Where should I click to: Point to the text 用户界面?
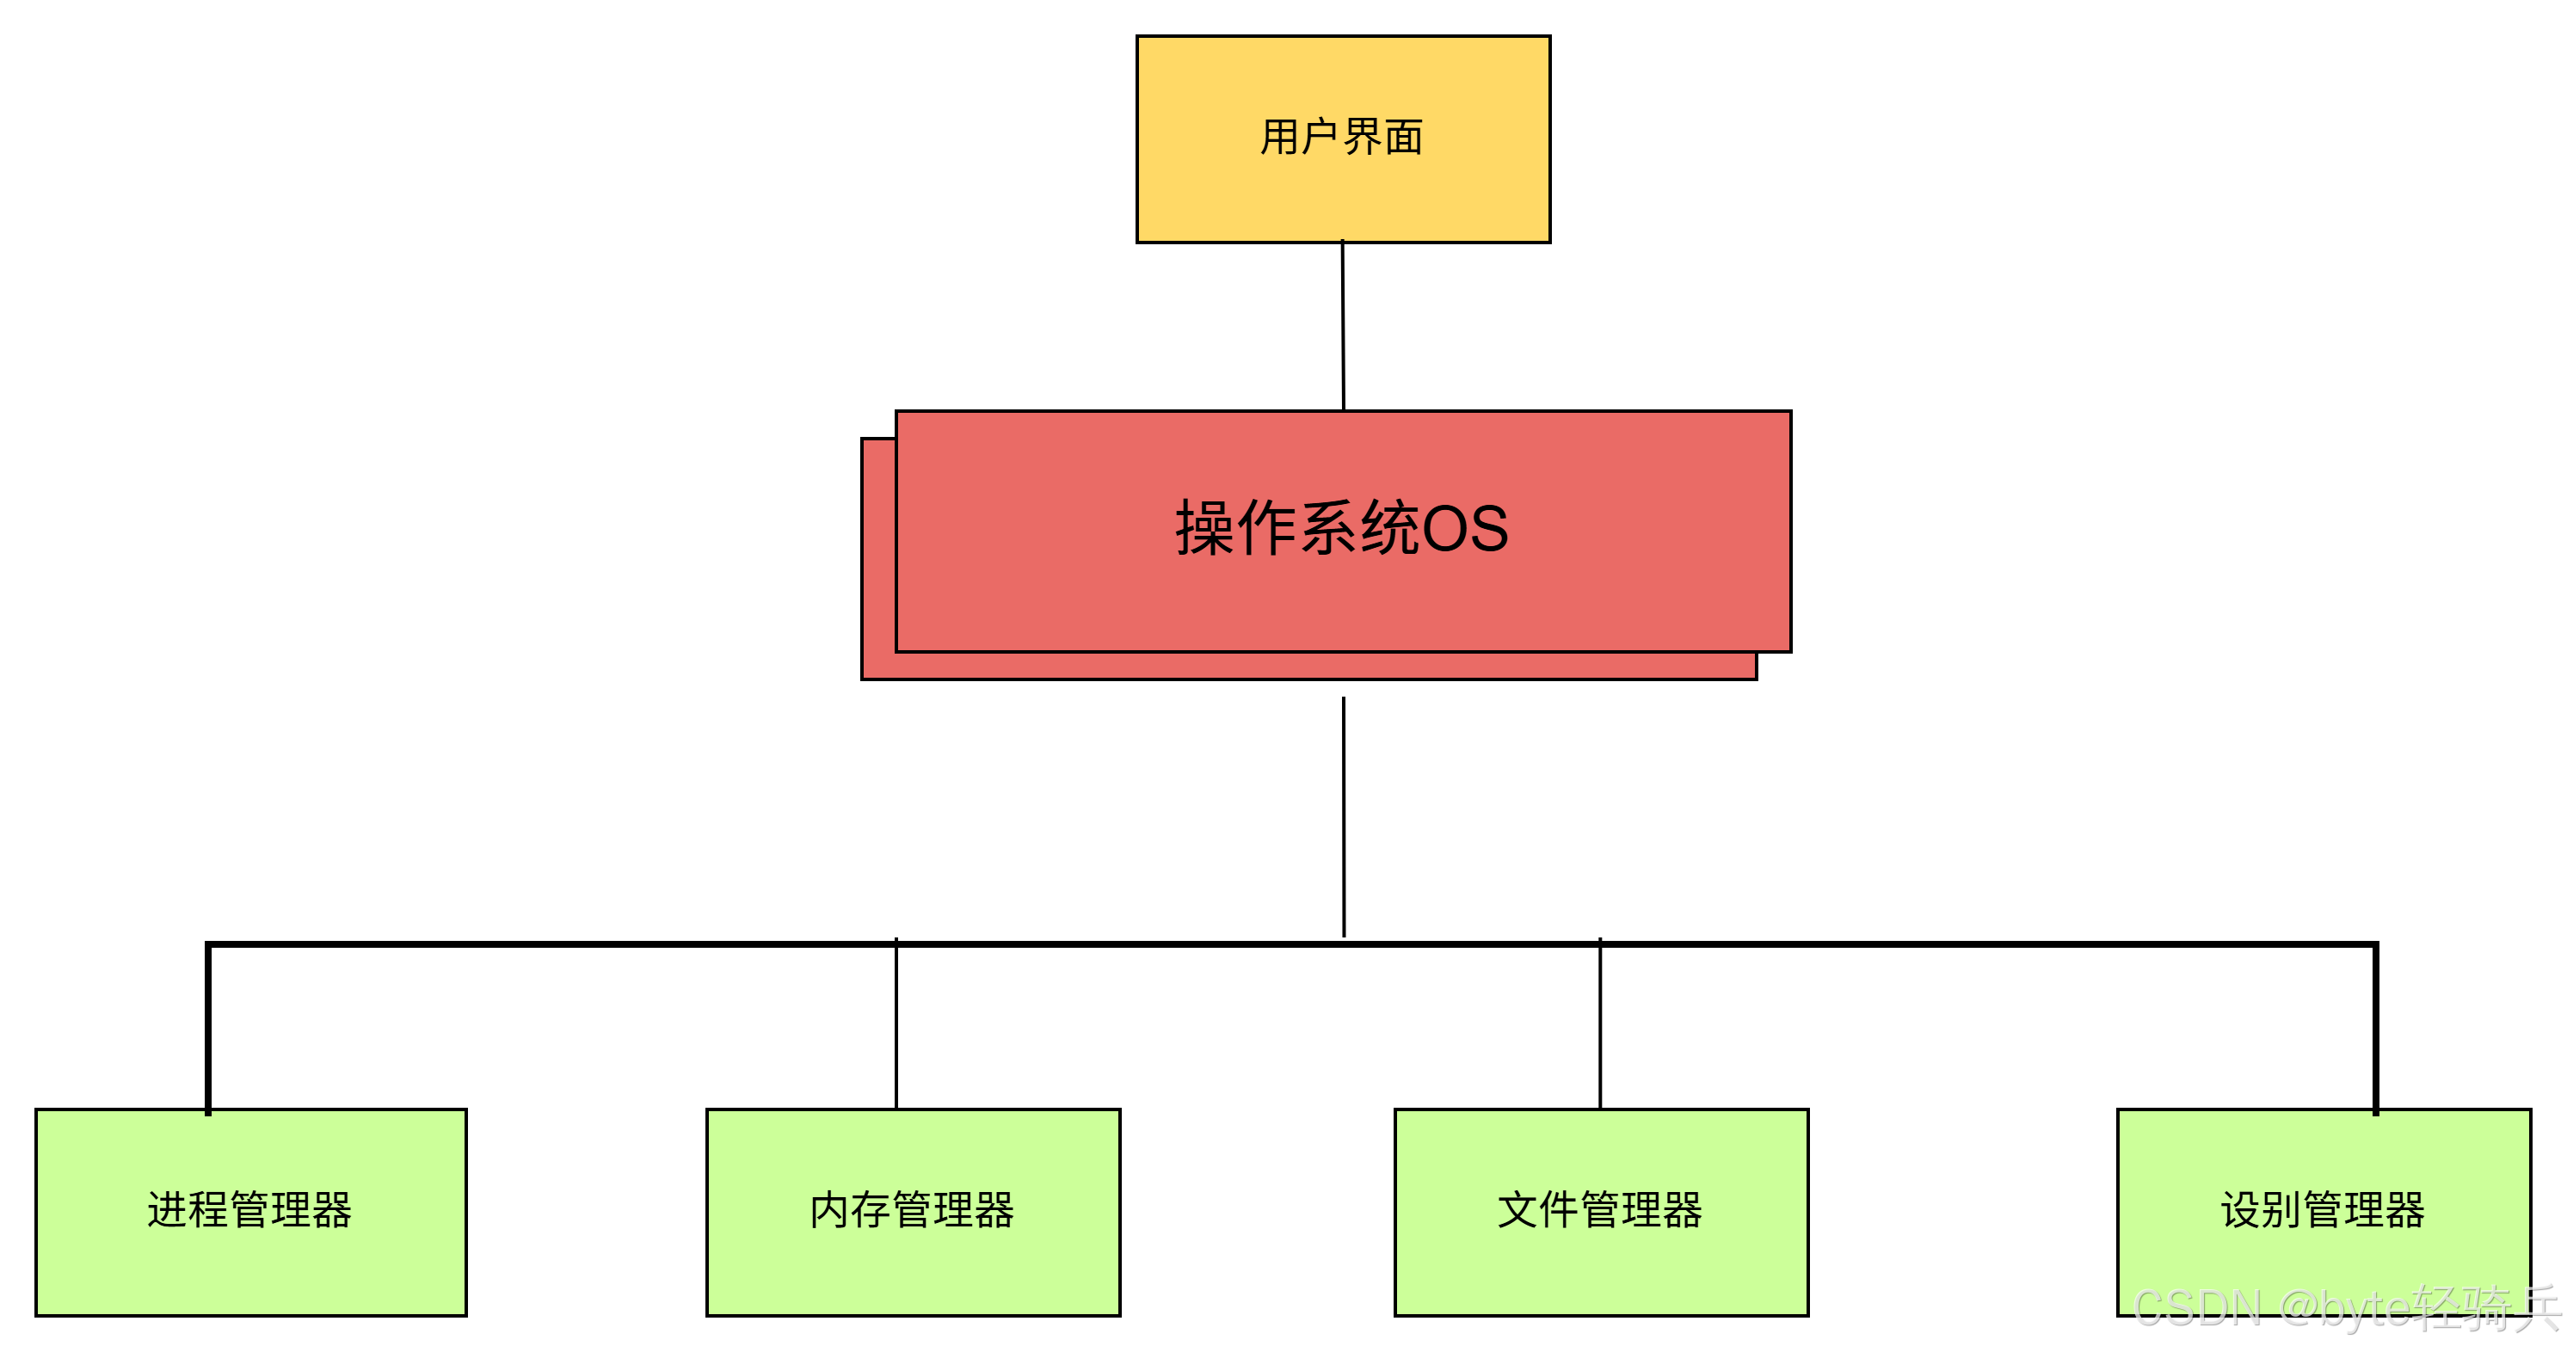(x=1342, y=138)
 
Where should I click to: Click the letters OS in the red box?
(x=1465, y=528)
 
